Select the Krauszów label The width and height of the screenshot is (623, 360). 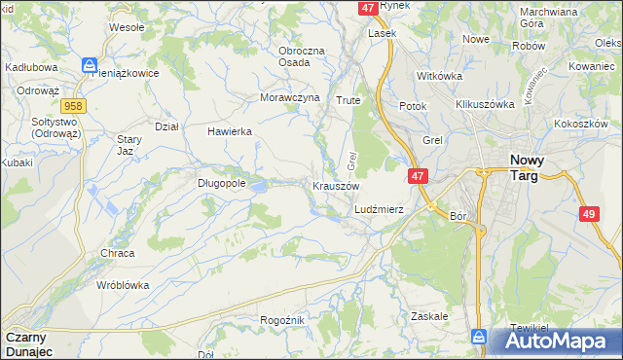336,185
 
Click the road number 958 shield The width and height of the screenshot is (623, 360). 71,104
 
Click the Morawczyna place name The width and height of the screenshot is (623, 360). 290,98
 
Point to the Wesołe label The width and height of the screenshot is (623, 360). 127,27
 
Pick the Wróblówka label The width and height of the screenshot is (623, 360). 122,285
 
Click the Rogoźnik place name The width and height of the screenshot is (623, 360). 283,320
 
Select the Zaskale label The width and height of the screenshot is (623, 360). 429,316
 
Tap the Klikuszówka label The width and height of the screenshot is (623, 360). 484,103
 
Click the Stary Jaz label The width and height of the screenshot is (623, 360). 125,146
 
